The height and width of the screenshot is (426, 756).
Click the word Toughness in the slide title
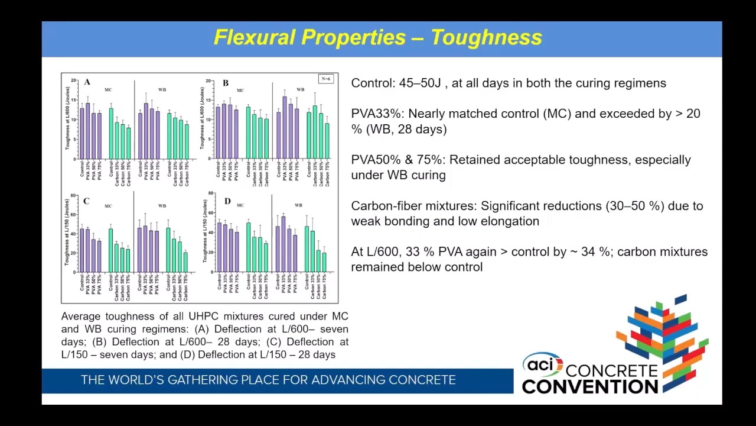pyautogui.click(x=486, y=37)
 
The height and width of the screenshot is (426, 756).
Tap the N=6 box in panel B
pyautogui.click(x=326, y=79)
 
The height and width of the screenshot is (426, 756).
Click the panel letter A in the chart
pyautogui.click(x=87, y=82)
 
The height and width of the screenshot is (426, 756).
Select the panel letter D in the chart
pyautogui.click(x=227, y=202)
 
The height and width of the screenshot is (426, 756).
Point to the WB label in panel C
pyautogui.click(x=162, y=206)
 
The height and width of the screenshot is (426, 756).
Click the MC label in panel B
pyautogui.click(x=240, y=91)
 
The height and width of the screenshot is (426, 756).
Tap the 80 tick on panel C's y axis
pyautogui.click(x=73, y=196)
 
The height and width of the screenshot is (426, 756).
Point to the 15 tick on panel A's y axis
pyautogui.click(x=73, y=99)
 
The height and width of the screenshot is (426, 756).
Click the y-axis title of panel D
pyautogui.click(x=205, y=231)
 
